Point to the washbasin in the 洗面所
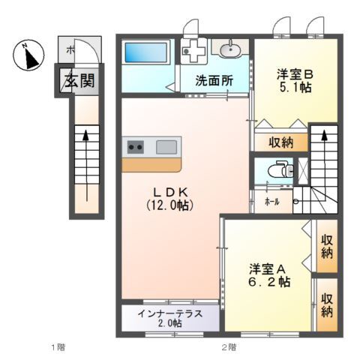tap(229, 50)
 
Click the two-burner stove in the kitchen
tap(136, 147)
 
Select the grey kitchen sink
tap(166, 147)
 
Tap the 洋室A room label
tap(268, 268)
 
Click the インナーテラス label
tap(169, 313)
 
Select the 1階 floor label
tap(58, 347)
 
